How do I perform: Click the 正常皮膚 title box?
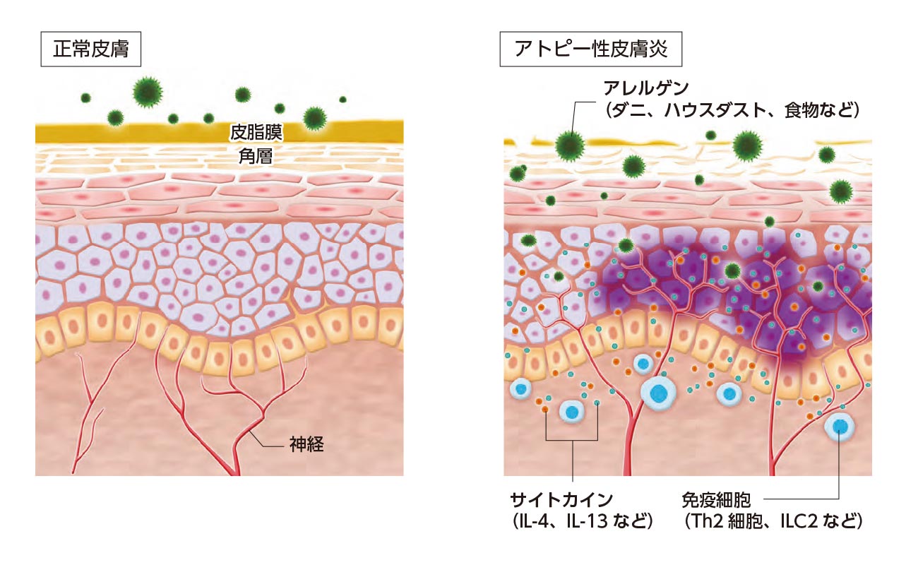[x=90, y=49]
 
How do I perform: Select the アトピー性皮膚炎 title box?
[x=590, y=49]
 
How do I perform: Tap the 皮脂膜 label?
[x=256, y=133]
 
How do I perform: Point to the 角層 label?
[x=256, y=156]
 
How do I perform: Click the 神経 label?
[x=306, y=444]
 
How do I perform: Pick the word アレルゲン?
[x=646, y=88]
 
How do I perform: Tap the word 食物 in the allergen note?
[x=801, y=110]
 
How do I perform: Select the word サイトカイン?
[x=561, y=500]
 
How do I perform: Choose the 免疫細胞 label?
[x=716, y=500]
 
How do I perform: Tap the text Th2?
[x=707, y=521]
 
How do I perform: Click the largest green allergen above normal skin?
[x=148, y=92]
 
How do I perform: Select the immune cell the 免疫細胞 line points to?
[x=840, y=427]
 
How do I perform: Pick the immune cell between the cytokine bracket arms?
[x=572, y=411]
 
